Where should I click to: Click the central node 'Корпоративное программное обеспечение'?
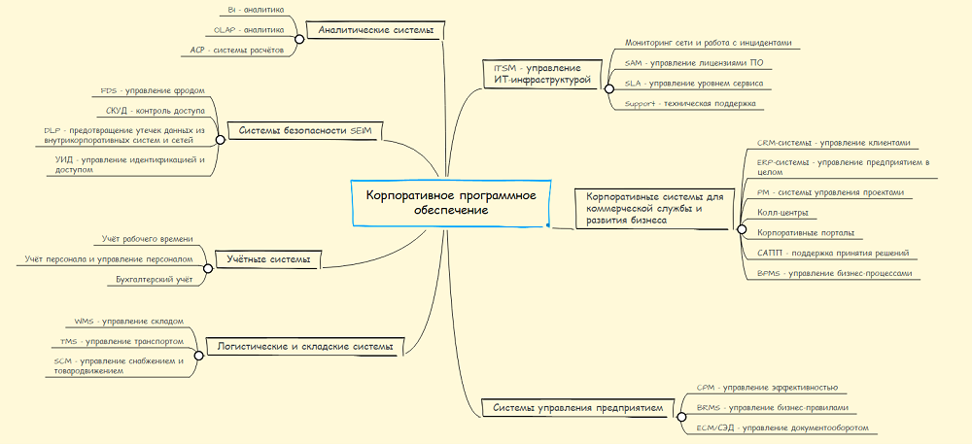click(450, 202)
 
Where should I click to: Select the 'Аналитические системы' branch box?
click(374, 30)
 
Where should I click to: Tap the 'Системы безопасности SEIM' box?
click(306, 131)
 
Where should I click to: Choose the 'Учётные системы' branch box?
click(268, 259)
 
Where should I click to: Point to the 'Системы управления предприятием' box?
click(577, 408)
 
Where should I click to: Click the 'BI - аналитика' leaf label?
click(256, 10)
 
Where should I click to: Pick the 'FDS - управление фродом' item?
click(152, 90)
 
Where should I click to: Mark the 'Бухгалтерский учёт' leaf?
click(155, 280)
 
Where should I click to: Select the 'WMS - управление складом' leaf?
click(128, 321)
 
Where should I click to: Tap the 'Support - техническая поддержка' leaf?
click(689, 102)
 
